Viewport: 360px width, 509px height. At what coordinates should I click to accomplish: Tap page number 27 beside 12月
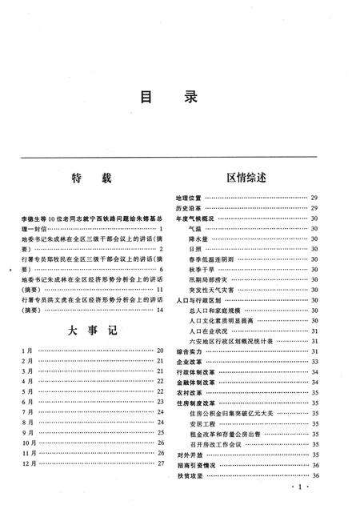160,462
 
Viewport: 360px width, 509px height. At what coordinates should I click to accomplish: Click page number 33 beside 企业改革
315,362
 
